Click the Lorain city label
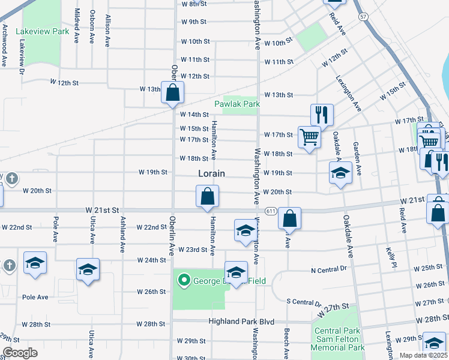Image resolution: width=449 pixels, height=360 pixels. tap(212, 173)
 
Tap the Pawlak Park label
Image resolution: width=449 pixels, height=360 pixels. tap(237, 104)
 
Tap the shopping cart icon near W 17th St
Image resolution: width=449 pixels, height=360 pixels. tap(309, 137)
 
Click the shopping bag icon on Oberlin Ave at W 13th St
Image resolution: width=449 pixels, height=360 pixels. tap(172, 93)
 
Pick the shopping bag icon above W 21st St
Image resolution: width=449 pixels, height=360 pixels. tap(207, 196)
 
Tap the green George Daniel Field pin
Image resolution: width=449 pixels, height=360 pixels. tap(183, 280)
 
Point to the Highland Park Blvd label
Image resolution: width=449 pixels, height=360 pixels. tap(237, 322)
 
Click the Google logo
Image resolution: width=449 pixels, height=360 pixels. tap(20, 353)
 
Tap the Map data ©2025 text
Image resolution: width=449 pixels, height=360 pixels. tap(423, 355)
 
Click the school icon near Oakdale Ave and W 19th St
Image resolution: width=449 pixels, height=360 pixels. tap(340, 173)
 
